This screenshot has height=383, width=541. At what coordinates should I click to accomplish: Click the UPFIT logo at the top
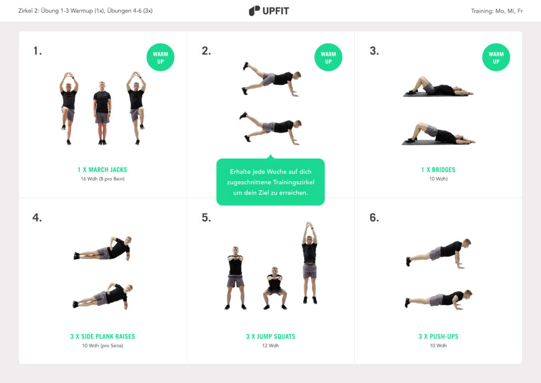tap(269, 11)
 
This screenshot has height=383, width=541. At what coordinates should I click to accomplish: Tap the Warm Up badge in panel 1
tap(160, 57)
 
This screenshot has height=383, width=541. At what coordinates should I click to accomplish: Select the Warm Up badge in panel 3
tap(496, 57)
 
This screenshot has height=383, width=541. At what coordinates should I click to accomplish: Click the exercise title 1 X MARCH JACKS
tap(102, 170)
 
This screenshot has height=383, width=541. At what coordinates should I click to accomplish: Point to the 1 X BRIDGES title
tap(438, 170)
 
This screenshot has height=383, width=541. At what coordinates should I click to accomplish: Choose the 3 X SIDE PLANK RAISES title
tap(102, 336)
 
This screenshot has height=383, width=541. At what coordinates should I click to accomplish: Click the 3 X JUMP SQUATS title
tap(270, 336)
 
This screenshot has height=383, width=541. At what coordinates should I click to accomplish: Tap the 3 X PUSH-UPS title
tap(439, 336)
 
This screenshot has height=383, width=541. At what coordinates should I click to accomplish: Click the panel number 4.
tap(37, 217)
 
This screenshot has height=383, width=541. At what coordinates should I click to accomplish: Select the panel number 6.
tap(374, 217)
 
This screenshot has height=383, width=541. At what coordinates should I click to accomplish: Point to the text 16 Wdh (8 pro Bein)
tap(102, 179)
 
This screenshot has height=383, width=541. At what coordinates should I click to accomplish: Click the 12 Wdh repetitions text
tap(270, 345)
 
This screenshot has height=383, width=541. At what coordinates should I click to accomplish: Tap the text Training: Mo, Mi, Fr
tap(497, 11)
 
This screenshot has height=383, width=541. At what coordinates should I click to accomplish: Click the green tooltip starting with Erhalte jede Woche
tap(270, 182)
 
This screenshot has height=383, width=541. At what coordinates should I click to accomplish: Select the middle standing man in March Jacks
tap(102, 113)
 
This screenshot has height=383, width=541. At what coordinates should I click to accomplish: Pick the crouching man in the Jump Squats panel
tap(274, 288)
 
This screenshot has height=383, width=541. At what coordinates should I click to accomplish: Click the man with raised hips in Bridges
tap(437, 134)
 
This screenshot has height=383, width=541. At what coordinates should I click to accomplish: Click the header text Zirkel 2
tap(85, 11)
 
